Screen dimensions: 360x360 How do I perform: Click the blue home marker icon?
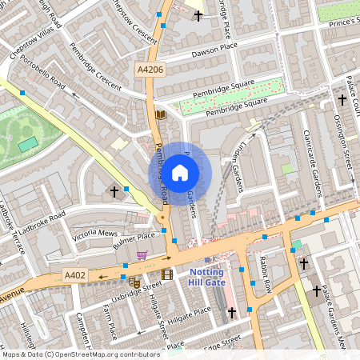[180, 172]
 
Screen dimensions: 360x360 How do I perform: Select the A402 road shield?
[74, 276]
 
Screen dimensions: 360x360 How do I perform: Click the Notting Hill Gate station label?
[206, 277]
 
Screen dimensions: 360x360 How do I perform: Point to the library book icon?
[160, 115]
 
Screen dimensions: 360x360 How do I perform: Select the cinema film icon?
[166, 274]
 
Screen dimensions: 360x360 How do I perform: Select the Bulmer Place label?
[134, 238]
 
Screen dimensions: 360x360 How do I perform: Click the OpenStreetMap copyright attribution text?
[81, 354]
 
